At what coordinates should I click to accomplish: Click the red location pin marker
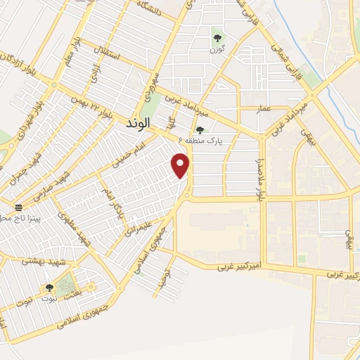click(x=181, y=167)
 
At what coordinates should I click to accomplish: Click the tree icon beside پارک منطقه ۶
click(x=200, y=129)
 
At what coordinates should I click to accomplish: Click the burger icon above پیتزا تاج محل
click(x=18, y=207)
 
